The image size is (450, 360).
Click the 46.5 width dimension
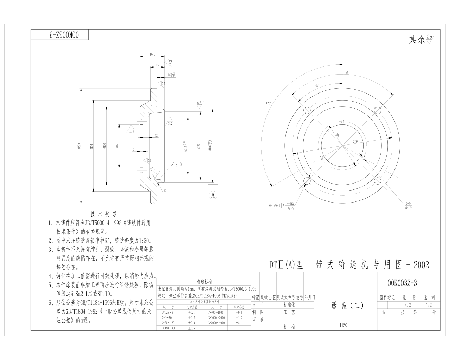[152, 54]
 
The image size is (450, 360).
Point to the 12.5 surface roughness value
[131, 131]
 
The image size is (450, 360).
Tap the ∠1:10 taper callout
[177, 164]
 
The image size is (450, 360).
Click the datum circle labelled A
[213, 195]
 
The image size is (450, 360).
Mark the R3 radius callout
[165, 190]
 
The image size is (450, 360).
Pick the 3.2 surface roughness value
[170, 124]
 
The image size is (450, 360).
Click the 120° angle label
[269, 103]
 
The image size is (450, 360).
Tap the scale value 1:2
[429, 305]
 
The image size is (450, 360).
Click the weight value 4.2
[408, 305]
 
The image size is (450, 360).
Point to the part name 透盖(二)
[347, 306]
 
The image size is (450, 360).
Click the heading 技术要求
[104, 214]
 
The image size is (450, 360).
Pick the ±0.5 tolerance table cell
[192, 328]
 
